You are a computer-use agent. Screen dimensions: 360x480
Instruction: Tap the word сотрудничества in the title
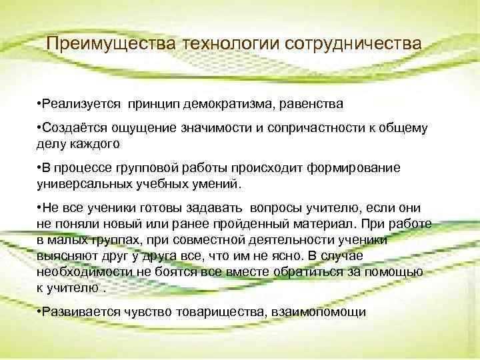pos(353,43)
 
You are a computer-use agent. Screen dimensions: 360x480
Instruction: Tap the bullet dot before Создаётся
pos(40,127)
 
